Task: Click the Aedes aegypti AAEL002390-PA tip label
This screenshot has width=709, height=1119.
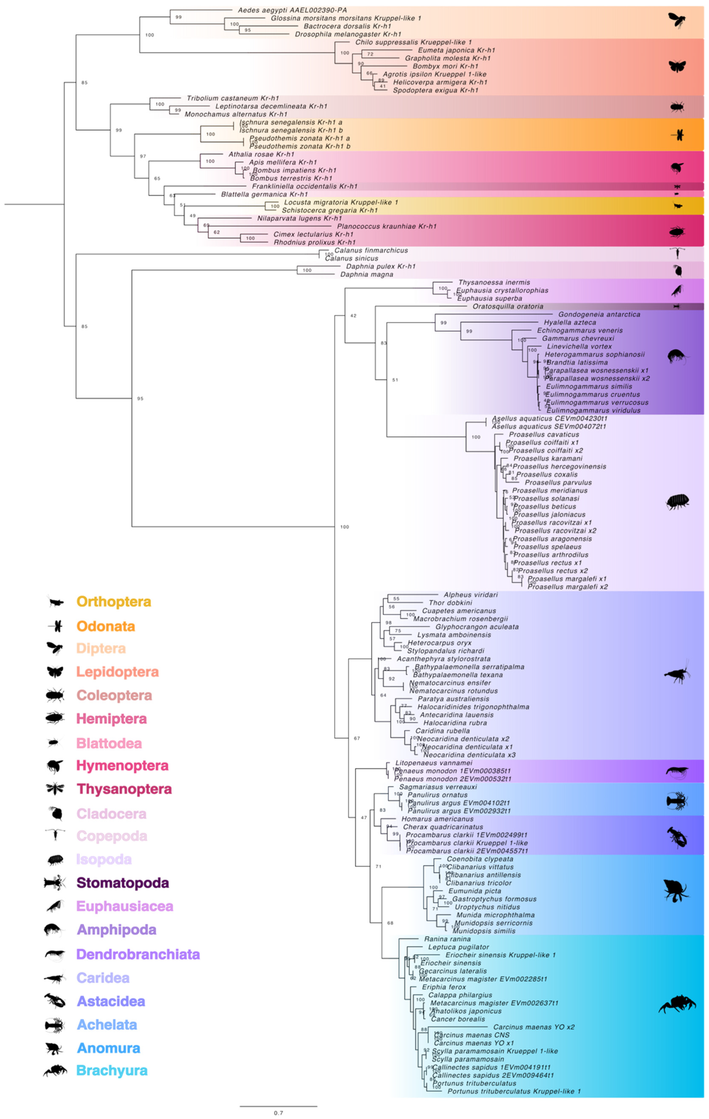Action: [x=292, y=10]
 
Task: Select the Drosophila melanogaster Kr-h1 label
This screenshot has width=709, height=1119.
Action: [x=348, y=34]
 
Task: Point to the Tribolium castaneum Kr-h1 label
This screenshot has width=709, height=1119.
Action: [x=233, y=98]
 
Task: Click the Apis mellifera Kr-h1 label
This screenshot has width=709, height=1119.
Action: [x=283, y=162]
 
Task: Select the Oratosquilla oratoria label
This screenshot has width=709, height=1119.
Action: [x=508, y=306]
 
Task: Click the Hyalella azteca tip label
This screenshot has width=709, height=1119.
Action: [x=570, y=322]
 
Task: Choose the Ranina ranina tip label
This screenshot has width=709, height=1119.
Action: [x=447, y=939]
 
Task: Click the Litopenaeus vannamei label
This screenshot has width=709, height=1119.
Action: [x=433, y=763]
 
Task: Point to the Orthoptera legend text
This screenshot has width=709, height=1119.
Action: [x=114, y=601]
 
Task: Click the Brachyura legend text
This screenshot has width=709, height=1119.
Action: [x=112, y=1070]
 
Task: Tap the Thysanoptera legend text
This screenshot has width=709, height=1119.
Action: [x=124, y=789]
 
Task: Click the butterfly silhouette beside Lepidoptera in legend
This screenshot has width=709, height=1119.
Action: [x=55, y=672]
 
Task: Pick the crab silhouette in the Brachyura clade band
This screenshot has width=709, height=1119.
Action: [x=677, y=1004]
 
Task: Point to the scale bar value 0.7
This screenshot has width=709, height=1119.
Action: [x=278, y=1112]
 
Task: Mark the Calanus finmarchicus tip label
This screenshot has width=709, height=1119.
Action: [x=371, y=250]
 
